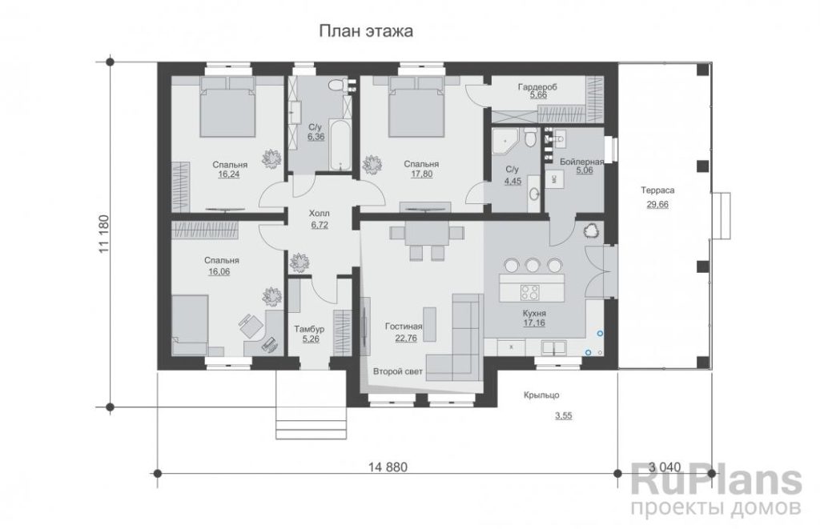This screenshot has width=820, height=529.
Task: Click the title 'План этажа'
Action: click(x=366, y=31)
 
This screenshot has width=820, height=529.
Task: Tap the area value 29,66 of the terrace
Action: click(x=657, y=204)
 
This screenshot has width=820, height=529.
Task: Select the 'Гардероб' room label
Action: click(x=537, y=86)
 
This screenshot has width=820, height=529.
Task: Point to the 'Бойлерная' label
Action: click(x=581, y=162)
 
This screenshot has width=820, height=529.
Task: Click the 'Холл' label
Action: click(x=320, y=213)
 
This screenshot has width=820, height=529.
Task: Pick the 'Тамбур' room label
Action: click(x=309, y=329)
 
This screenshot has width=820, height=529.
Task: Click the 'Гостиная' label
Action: click(x=404, y=327)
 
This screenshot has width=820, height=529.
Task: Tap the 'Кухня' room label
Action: click(x=534, y=313)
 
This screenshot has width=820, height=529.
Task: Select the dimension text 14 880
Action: click(x=388, y=467)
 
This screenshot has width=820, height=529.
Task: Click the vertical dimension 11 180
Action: click(x=103, y=234)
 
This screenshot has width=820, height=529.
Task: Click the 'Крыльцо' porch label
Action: click(x=541, y=395)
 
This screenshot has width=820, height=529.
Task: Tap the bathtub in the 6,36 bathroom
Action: click(x=340, y=144)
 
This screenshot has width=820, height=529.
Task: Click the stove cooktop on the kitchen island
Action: click(x=530, y=292)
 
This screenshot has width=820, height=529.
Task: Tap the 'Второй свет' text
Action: click(x=397, y=371)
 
